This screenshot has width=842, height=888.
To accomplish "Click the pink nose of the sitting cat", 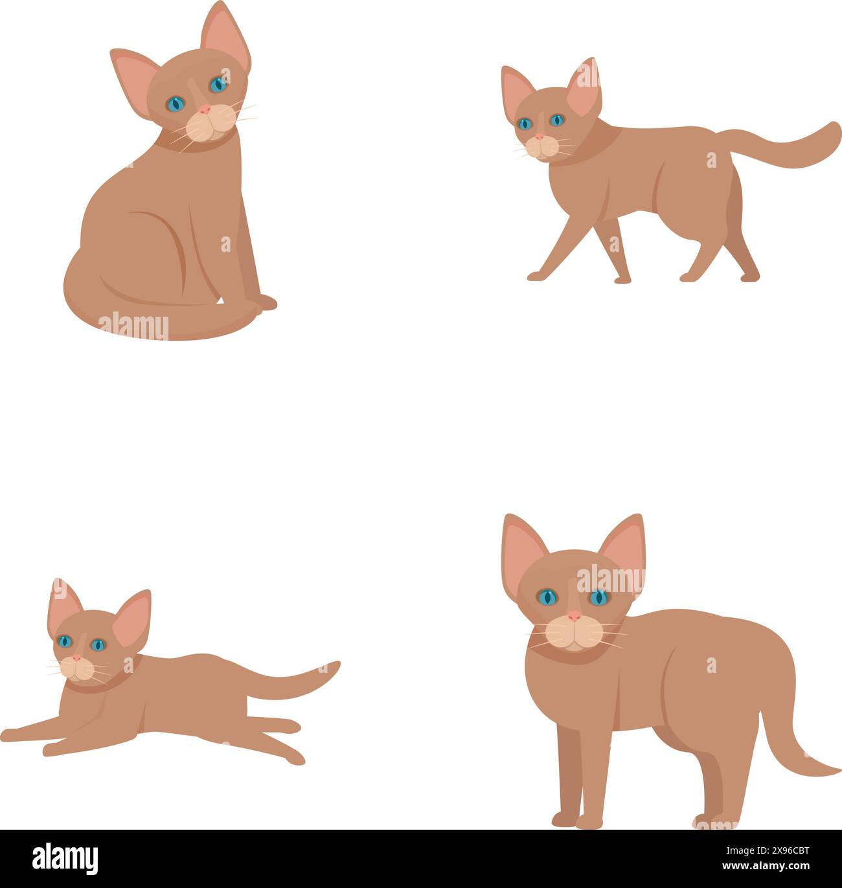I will click(x=205, y=109).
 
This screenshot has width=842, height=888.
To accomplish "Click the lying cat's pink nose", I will click(x=76, y=658).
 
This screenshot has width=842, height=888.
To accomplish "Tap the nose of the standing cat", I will click(x=574, y=616).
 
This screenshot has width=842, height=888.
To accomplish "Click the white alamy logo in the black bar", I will click(x=65, y=859).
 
